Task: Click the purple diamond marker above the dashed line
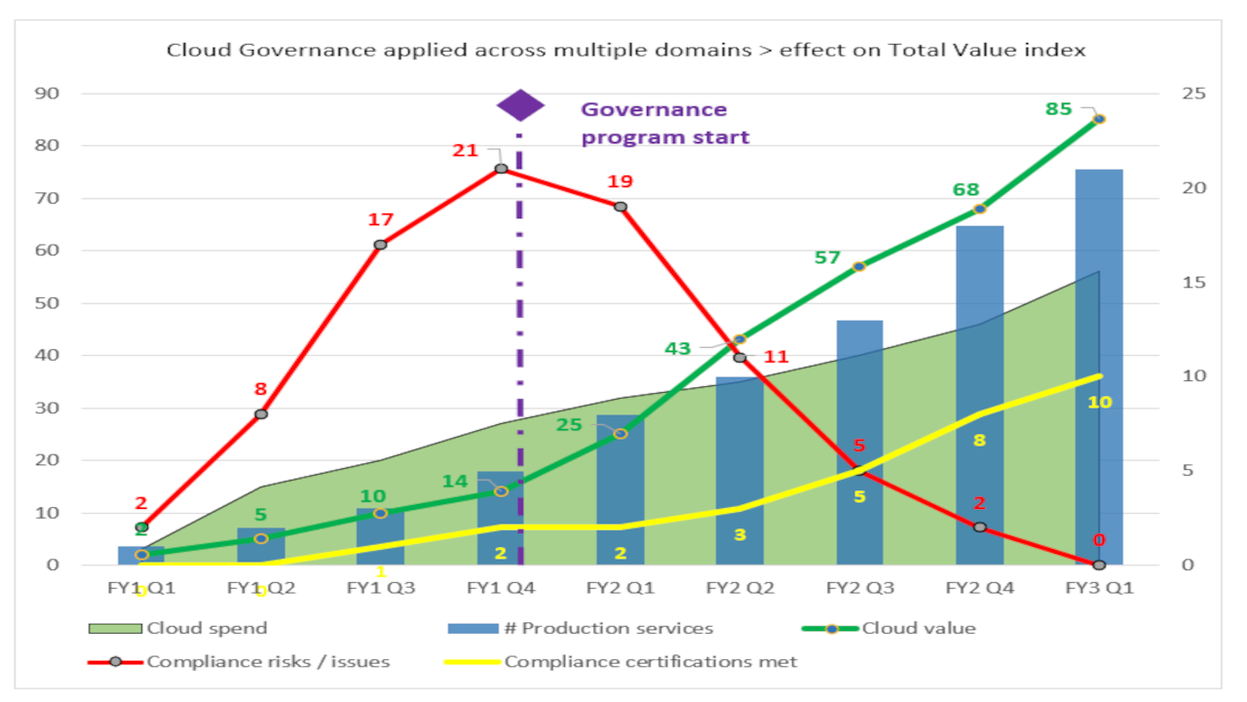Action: tap(520, 105)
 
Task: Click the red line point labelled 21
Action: tap(501, 169)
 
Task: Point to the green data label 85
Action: tap(1058, 109)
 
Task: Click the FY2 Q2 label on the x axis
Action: tap(739, 588)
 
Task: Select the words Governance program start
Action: tap(665, 124)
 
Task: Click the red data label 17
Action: tap(380, 219)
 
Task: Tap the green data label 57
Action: tap(826, 257)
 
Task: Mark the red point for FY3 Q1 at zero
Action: tap(1099, 565)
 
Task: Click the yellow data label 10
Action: tap(1099, 402)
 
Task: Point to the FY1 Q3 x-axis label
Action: tap(380, 588)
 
